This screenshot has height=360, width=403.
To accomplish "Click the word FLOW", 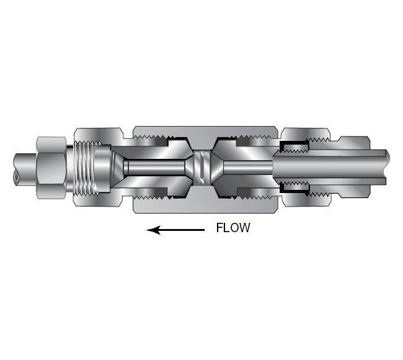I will [x=232, y=228].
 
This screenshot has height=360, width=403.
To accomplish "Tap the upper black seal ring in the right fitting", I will [x=294, y=146].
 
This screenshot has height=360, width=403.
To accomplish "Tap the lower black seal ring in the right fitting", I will [x=294, y=187].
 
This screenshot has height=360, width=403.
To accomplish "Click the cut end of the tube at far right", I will [x=385, y=167].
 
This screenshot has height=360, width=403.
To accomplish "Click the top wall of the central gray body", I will [x=205, y=132].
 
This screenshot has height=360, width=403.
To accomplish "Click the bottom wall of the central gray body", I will [x=205, y=202].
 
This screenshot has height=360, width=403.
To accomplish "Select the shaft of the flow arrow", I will [x=183, y=230].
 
